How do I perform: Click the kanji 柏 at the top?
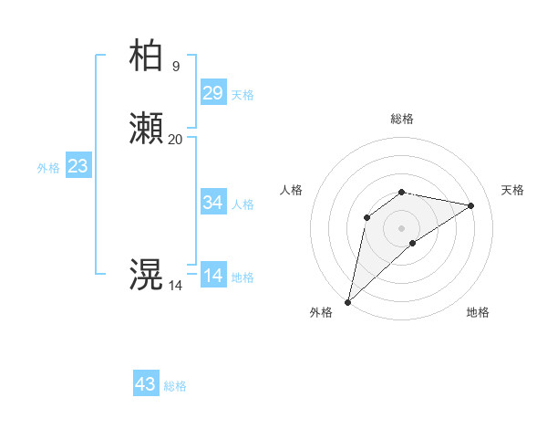[146, 56]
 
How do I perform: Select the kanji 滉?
[146, 275]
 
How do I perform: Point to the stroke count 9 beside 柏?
[176, 66]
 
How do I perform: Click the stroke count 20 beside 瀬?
[176, 139]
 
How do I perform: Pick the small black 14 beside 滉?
[176, 286]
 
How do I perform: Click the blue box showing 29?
[213, 92]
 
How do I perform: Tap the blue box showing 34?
[213, 202]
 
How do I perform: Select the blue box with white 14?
[213, 275]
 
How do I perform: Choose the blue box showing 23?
[78, 166]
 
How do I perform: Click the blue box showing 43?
[146, 384]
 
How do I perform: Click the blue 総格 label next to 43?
[176, 386]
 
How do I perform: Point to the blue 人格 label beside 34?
[243, 204]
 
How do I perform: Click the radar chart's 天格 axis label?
[512, 190]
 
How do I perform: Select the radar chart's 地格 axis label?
[478, 312]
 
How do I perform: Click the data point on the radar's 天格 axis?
[471, 205]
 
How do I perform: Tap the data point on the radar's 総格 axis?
[402, 192]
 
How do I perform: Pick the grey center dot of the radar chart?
[402, 227]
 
